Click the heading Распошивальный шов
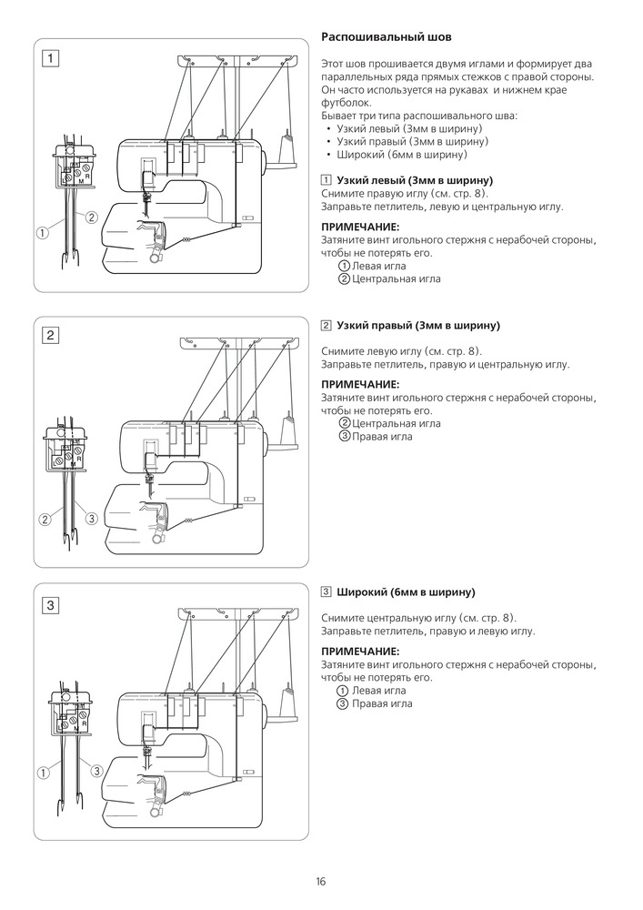(x=387, y=37)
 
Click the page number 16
(x=321, y=881)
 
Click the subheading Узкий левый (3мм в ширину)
(x=414, y=179)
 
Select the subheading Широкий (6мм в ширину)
(x=406, y=592)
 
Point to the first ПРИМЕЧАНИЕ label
(x=361, y=227)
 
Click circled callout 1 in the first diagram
(x=42, y=232)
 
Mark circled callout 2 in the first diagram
(x=92, y=217)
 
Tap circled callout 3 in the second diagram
(x=91, y=519)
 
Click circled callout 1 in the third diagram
(x=42, y=773)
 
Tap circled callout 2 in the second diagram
(x=45, y=520)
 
